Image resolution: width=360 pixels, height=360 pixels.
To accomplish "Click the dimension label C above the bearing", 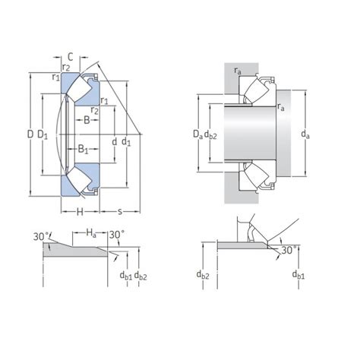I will pyautogui.click(x=70, y=55).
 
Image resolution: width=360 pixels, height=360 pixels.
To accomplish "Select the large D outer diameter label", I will pyautogui.click(x=30, y=135).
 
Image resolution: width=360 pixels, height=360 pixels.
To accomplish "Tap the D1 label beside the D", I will pyautogui.click(x=44, y=135).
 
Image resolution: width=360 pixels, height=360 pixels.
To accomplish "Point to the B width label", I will pyautogui.click(x=87, y=120).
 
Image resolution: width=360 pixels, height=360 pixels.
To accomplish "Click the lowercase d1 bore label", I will pyautogui.click(x=127, y=141).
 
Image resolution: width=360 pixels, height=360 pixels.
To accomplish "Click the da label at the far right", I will pyautogui.click(x=305, y=134).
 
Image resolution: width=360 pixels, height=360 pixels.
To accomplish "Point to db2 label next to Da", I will pyautogui.click(x=213, y=134).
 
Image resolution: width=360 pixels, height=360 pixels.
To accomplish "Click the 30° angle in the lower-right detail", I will pyautogui.click(x=288, y=250).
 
